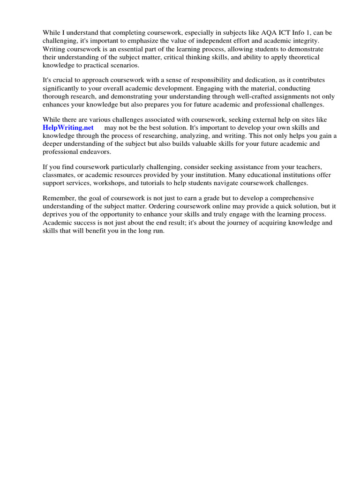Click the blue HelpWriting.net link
tap(68, 127)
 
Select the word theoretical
tap(302, 57)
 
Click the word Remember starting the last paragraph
tap(58, 198)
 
